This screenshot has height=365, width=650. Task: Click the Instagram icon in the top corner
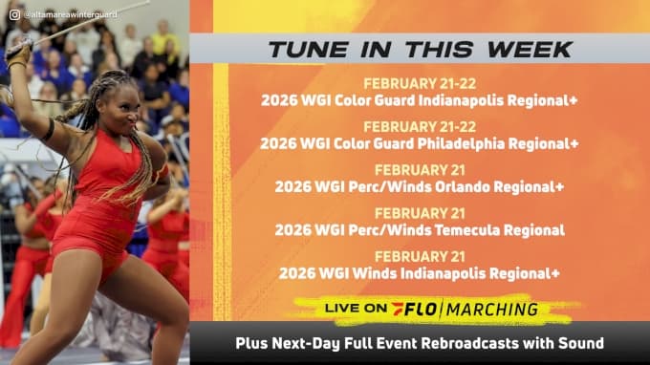pyautogui.click(x=13, y=13)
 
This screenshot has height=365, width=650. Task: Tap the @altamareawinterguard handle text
pyautogui.click(x=65, y=13)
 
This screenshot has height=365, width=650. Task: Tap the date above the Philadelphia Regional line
pyautogui.click(x=420, y=126)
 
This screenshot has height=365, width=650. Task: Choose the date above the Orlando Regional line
pyautogui.click(x=420, y=170)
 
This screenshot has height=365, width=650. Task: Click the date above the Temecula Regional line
pyautogui.click(x=420, y=213)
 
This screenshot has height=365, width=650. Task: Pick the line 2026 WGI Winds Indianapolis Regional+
pyautogui.click(x=421, y=273)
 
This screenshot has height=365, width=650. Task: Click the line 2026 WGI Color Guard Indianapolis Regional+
pyautogui.click(x=420, y=99)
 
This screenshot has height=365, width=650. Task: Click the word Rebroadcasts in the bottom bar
pyautogui.click(x=482, y=342)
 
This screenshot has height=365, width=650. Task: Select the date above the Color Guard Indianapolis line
pyautogui.click(x=420, y=83)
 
